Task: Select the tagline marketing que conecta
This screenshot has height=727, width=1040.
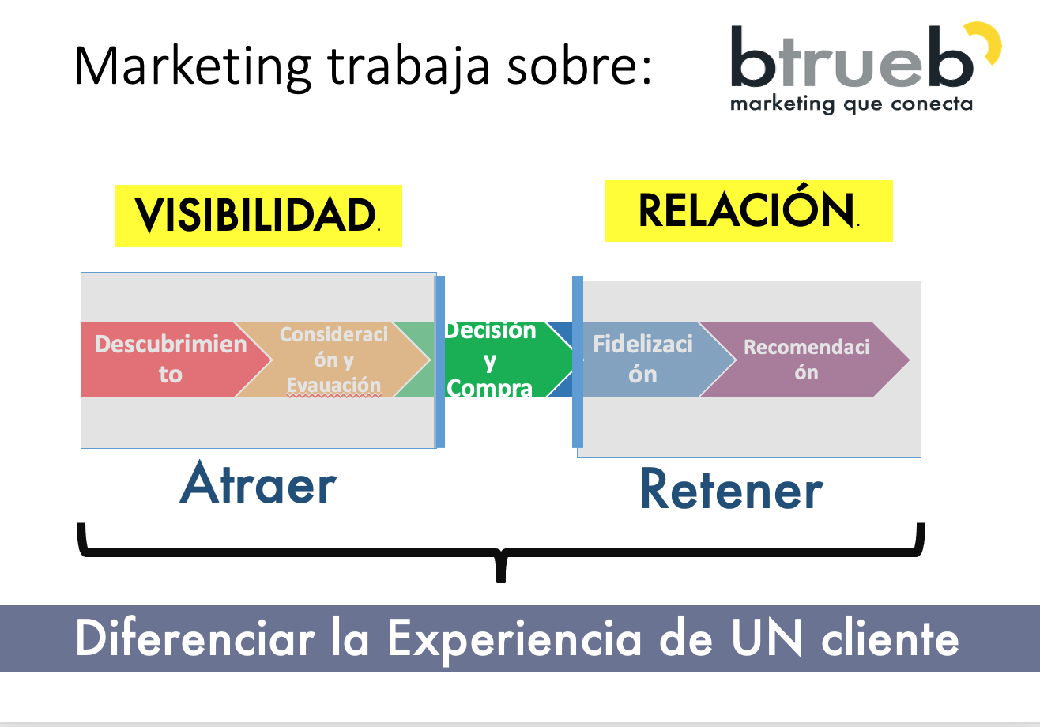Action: pyautogui.click(x=851, y=104)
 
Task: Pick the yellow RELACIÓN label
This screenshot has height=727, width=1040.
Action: pyautogui.click(x=748, y=210)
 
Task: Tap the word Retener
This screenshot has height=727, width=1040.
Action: pyautogui.click(x=731, y=490)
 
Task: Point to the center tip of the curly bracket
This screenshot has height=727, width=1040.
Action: pyautogui.click(x=500, y=577)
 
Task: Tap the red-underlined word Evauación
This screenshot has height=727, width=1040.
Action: pyautogui.click(x=333, y=386)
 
